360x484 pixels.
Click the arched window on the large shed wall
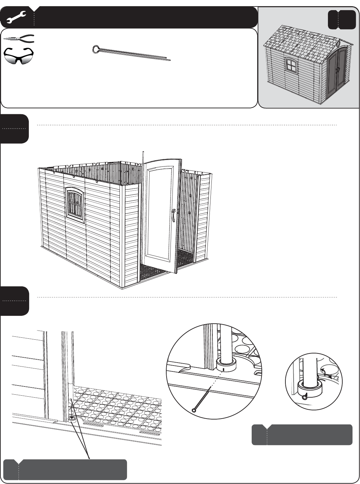[x=75, y=203]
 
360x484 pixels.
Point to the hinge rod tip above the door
[x=143, y=153]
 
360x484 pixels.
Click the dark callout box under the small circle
[x=302, y=435]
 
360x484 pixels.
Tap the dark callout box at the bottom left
[x=65, y=469]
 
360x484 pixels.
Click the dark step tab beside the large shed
[x=14, y=129]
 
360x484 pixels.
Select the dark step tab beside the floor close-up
[x=14, y=301]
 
